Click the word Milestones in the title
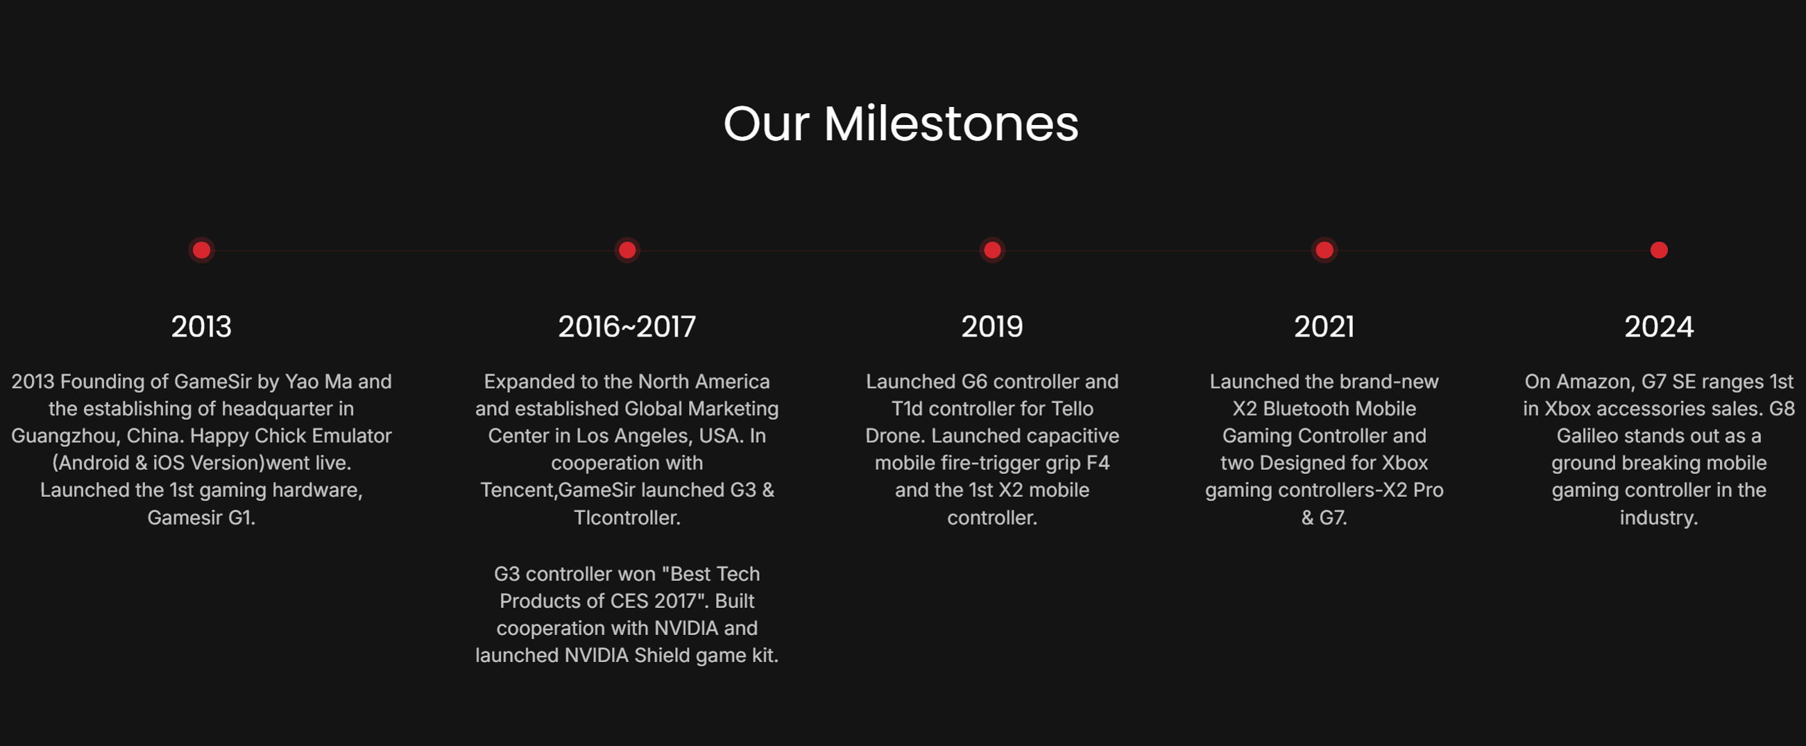click(951, 124)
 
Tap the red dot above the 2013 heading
click(201, 251)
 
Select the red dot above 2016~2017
click(627, 251)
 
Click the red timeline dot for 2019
click(992, 251)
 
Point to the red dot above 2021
click(1324, 251)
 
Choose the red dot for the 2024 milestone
click(1659, 251)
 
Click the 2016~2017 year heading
click(627, 327)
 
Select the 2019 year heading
click(992, 327)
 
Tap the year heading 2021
click(1324, 327)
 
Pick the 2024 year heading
click(1659, 327)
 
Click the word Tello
click(1072, 409)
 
